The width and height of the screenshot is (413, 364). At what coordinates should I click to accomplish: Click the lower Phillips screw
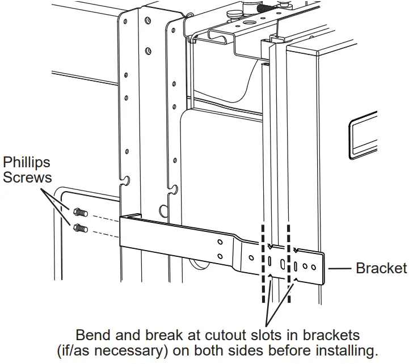pyautogui.click(x=79, y=228)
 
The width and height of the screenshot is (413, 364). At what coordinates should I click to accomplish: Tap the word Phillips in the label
pyautogui.click(x=27, y=164)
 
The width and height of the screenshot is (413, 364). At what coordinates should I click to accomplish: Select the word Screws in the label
pyautogui.click(x=27, y=177)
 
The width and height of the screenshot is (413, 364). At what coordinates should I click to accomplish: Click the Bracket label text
pyautogui.click(x=381, y=268)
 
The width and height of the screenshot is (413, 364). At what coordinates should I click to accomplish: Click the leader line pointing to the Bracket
pyautogui.click(x=339, y=268)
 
